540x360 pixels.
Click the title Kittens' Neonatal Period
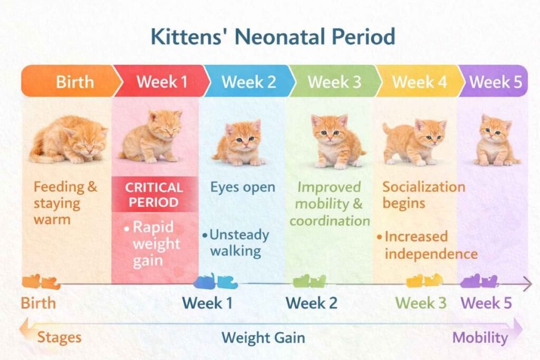[272, 37]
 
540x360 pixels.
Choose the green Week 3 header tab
[334, 82]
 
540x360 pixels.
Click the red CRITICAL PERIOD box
[155, 194]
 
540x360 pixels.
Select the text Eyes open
[243, 187]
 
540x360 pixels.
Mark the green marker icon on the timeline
[310, 281]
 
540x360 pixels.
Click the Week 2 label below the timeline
[311, 304]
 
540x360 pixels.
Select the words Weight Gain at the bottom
[263, 337]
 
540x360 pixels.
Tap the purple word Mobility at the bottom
[480, 337]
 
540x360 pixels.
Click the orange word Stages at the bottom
[59, 337]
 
